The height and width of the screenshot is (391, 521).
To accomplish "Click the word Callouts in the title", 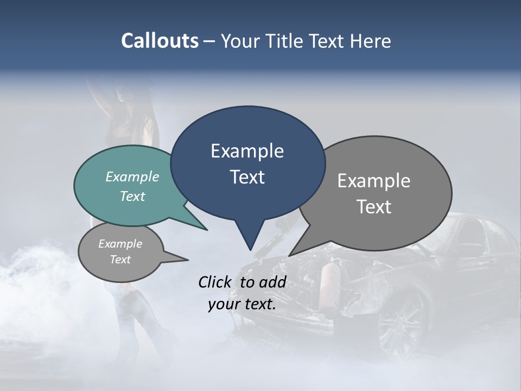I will (160, 41).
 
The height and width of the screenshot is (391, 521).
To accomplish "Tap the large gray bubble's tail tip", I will (291, 254).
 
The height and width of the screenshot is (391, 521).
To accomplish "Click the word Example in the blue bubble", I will (247, 151).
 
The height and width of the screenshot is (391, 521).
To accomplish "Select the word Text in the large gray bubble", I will (374, 207).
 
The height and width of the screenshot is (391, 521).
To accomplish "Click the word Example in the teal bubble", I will (132, 176).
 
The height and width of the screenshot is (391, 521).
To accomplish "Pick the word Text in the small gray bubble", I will (120, 260).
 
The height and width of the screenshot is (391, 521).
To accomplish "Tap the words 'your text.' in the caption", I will (242, 304).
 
